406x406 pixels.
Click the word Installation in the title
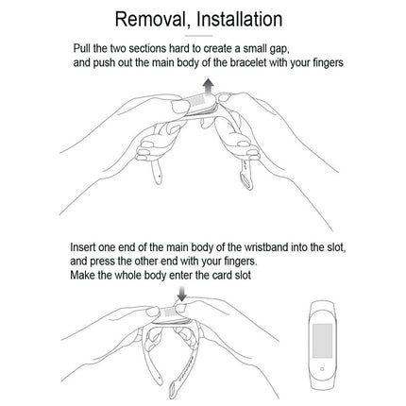click(240, 19)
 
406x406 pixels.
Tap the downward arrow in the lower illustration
click(182, 294)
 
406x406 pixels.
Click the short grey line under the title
click(198, 36)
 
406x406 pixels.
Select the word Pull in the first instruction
click(82, 48)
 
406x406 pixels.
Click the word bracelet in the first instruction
click(248, 62)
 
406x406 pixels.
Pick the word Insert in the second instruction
click(82, 247)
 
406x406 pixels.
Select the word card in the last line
click(221, 275)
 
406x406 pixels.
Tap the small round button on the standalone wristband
click(322, 369)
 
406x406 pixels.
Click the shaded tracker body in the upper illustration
click(200, 101)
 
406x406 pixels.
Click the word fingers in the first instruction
click(328, 63)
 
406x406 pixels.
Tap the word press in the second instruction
click(103, 262)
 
